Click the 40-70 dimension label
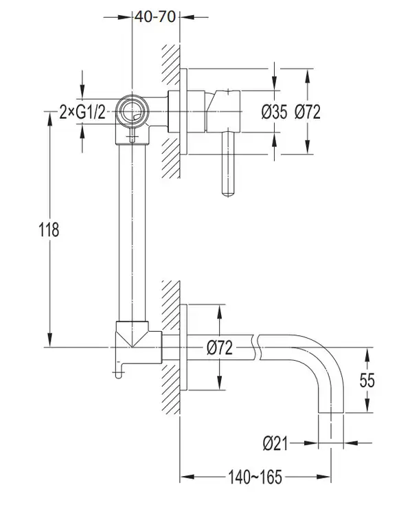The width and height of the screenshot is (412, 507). pos(155,16)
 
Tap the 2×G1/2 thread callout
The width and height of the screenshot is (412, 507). pos(82,113)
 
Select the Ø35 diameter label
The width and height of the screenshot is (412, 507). pos(274,112)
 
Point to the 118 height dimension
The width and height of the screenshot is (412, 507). pos(49,229)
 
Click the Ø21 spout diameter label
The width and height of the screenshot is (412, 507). pos(275,443)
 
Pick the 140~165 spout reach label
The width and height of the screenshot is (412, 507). pos(255,477)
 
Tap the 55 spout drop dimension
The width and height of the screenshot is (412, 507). pos(367,381)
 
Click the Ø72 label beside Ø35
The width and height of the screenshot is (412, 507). pos(308,112)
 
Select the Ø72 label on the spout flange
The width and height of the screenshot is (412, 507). pos(220,348)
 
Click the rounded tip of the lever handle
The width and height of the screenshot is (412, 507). pos(228,194)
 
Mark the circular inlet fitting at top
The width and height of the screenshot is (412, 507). pos(133,111)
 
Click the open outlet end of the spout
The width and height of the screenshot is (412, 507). pos(330,413)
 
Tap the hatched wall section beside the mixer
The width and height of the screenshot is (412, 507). pos(171,111)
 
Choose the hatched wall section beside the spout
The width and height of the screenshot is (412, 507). pos(171,347)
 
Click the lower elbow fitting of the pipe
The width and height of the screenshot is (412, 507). pos(139,343)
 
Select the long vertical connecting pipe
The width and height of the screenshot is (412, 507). pos(133,232)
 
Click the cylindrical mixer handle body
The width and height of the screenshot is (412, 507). pos(223,111)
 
